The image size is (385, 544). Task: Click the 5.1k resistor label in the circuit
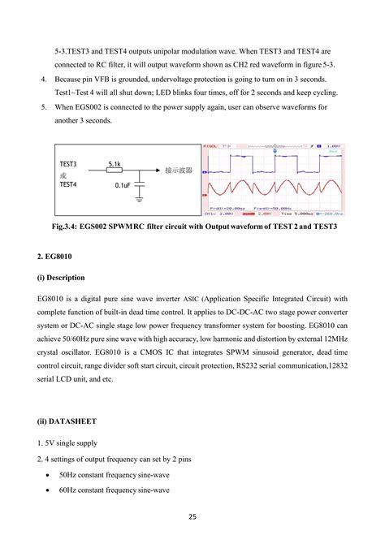115,165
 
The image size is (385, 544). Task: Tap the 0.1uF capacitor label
123,186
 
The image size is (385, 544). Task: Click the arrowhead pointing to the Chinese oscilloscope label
157,171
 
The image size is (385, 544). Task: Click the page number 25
192,517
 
